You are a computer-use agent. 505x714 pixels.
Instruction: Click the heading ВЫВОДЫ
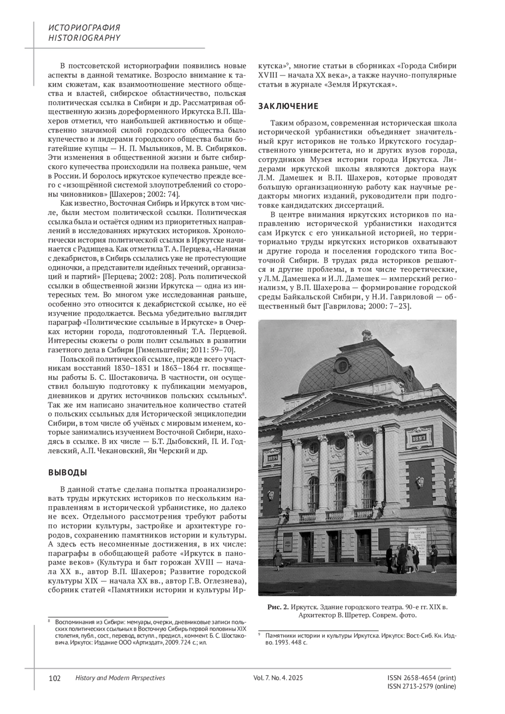68,472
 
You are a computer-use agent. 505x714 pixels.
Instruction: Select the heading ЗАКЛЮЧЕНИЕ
288,106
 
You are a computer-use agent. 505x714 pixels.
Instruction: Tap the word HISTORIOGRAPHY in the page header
85,38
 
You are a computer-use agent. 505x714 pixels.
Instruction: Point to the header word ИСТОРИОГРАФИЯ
85,28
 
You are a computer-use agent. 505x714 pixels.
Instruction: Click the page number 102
55,678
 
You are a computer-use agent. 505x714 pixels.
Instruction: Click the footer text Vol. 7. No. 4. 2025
278,678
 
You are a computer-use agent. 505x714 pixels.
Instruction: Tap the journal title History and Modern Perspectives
120,678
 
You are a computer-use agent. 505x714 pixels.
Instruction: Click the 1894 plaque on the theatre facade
272,457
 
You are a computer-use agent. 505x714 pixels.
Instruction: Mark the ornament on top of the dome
366,335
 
